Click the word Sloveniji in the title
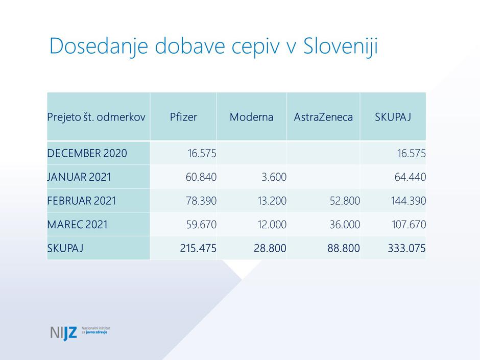340,46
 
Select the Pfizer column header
183,117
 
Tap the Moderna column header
251,117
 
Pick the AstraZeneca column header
323,117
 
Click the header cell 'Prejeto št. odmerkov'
96,117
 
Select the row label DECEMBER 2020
87,153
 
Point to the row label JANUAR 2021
79,177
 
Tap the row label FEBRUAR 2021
82,201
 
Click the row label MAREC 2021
78,225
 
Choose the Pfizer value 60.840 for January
201,177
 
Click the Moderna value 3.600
273,177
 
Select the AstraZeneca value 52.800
345,201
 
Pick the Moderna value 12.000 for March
272,225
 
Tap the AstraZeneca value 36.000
345,225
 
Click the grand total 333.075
406,249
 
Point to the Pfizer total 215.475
198,249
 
